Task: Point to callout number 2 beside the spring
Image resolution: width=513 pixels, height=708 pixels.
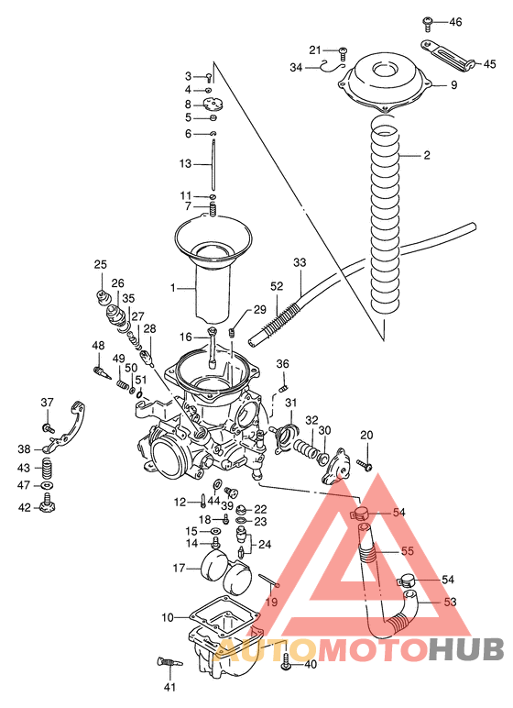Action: (427, 155)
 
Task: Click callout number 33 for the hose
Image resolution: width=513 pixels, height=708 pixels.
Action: (300, 263)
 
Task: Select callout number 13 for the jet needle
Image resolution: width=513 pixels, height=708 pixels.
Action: (185, 164)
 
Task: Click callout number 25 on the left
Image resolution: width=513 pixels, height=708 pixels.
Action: (100, 265)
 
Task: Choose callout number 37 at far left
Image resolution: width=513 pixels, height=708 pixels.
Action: (48, 402)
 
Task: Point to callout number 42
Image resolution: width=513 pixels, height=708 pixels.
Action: (25, 507)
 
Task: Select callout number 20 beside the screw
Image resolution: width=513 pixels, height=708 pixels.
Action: (366, 435)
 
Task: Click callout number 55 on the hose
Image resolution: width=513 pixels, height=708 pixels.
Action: (408, 552)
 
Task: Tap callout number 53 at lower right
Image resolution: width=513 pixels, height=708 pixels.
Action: (449, 603)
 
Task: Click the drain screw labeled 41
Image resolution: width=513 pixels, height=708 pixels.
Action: (167, 664)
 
